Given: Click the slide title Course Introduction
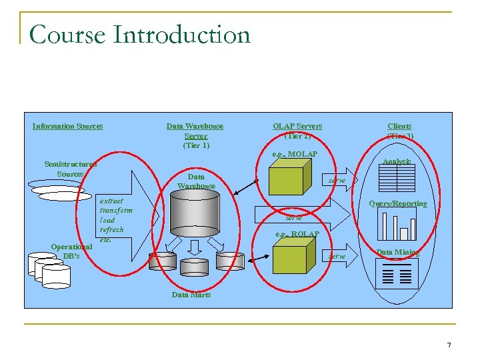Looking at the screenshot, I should tap(139, 35).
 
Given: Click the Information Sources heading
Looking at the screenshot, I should tap(67, 126).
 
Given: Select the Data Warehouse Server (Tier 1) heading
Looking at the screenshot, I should tap(195, 135).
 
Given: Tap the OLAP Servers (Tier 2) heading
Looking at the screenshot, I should tap(297, 131).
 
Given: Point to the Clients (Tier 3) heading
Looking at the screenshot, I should tap(400, 131).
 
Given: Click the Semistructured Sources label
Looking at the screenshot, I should tap(70, 169).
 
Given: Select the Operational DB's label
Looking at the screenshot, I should tap(71, 251).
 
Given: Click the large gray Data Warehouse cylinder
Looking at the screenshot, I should tap(196, 217).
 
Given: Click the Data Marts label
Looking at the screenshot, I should tap(191, 295).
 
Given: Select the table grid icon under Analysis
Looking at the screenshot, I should tap(396, 178).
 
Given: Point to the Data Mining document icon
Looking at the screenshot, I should tap(397, 274).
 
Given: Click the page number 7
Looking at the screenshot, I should tap(449, 345).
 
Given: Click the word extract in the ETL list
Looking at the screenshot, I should tap(111, 200).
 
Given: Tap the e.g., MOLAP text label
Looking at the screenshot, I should tap(295, 155).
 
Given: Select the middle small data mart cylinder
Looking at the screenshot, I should tap(195, 262).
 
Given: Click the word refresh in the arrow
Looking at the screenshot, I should tap(111, 229).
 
